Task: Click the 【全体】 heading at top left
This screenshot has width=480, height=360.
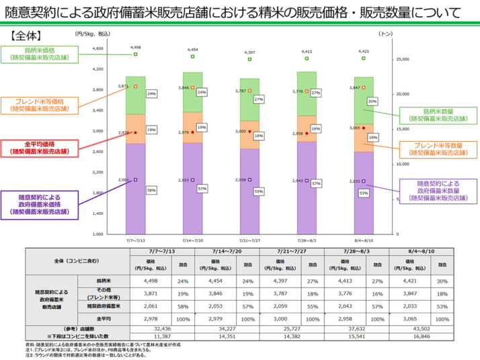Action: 28,34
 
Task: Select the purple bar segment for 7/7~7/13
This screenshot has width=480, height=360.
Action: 135,188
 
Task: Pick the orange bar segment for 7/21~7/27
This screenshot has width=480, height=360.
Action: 249,134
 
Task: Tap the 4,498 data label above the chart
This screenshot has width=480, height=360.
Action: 136,47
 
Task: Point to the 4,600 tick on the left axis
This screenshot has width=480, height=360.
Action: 96,48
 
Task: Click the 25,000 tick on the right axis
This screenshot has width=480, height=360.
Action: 403,59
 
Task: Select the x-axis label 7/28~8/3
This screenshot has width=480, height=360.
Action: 307,239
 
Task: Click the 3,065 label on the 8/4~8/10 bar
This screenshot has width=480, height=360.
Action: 356,128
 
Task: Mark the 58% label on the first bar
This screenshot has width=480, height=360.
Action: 151,190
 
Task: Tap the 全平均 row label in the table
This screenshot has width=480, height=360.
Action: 104,318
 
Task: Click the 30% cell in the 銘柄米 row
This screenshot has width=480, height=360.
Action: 442,281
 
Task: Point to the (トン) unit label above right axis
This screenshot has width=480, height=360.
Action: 385,32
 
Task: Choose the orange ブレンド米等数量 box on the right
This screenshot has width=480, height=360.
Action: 438,148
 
